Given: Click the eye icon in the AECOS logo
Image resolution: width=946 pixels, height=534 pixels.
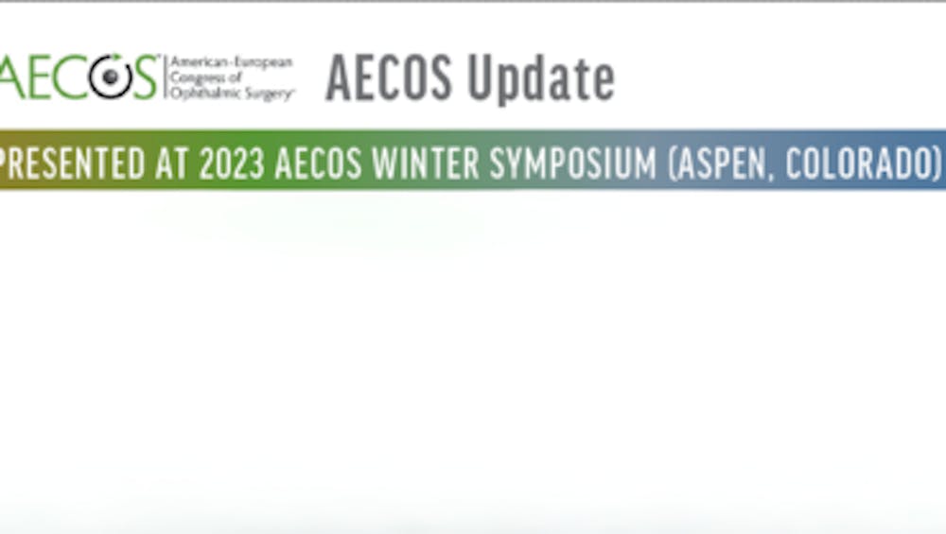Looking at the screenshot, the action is coord(111,76).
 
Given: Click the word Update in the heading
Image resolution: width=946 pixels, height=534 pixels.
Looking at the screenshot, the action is coord(541,78).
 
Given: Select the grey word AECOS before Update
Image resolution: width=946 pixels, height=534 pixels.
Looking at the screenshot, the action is coord(389,78).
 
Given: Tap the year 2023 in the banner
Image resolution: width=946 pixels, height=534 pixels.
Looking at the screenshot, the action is coord(232,164).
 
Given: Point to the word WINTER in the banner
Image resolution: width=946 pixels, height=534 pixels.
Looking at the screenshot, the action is coord(426,164).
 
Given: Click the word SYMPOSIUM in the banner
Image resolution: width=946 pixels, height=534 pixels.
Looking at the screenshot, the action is coord(572,164).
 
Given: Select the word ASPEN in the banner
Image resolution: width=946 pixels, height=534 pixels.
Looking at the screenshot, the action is coord(721,164).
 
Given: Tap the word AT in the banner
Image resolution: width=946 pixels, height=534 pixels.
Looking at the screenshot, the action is coord(172,164).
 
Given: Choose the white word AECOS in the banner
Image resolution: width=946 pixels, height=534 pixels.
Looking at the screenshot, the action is coord(318,164).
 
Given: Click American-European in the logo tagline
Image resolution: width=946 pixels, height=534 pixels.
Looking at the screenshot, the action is coord(232,61).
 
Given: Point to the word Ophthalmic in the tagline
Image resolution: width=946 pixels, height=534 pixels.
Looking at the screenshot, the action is coord(202,94).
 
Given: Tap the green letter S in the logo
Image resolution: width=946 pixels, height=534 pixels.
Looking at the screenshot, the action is coord(146,77).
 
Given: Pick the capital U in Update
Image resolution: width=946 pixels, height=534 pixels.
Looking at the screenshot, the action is coord(481,78).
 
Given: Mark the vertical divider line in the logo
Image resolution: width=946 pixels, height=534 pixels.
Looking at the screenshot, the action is coord(164,78).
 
